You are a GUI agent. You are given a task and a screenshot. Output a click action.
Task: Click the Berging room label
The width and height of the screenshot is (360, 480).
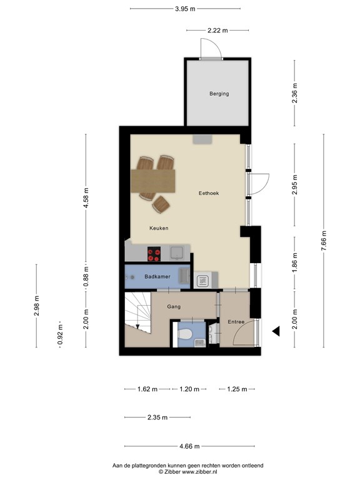219,94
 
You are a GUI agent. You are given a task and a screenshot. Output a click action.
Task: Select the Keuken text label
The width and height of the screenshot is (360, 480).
159,228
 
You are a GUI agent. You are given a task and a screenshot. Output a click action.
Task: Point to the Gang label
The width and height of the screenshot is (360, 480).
174,307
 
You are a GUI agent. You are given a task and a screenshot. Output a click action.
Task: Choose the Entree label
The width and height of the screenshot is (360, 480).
236,322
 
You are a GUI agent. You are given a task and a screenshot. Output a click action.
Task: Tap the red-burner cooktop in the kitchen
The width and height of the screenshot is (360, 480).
154,254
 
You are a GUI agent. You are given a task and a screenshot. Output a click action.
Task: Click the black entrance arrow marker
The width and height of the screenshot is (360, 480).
275,331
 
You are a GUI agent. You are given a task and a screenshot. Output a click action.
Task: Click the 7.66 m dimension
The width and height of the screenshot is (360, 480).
324,241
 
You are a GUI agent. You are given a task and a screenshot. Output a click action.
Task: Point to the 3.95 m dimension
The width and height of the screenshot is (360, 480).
184,9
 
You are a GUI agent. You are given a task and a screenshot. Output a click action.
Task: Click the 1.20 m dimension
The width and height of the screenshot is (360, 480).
187,389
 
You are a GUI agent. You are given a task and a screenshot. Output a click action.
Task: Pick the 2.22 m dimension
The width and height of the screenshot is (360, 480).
217,29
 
